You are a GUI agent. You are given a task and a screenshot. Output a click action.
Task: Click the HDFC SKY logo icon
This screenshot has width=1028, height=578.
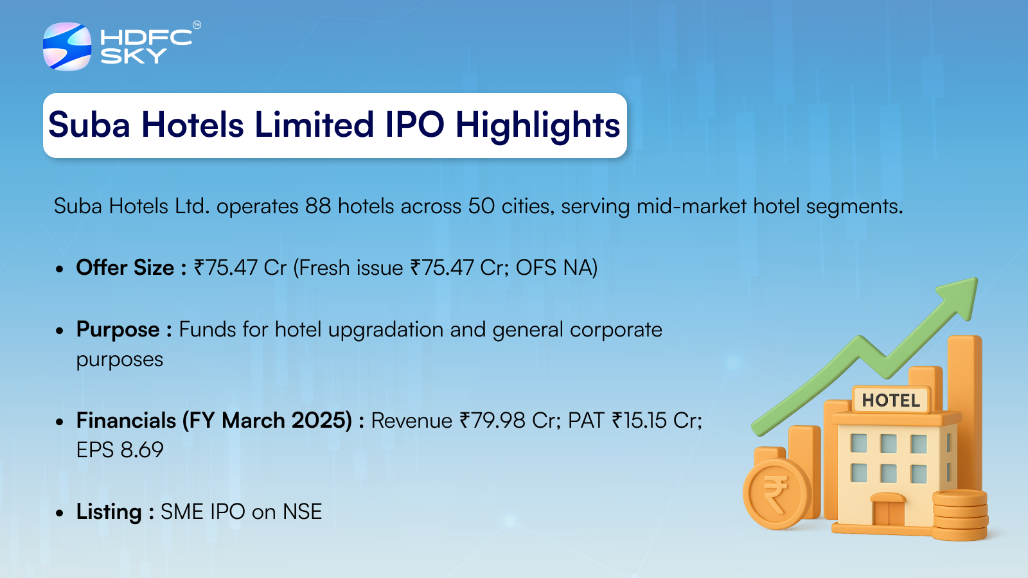[67, 46]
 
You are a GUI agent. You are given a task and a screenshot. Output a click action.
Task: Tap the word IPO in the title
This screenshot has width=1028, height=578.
[414, 125]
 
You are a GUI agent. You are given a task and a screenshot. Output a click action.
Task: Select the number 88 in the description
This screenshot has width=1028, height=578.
[318, 206]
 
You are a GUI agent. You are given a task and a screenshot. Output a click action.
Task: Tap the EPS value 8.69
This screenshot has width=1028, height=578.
[142, 450]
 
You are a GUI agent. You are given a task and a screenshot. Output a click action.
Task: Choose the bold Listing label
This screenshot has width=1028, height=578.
[109, 512]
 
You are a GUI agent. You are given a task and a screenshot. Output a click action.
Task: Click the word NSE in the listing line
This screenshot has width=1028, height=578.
[302, 512]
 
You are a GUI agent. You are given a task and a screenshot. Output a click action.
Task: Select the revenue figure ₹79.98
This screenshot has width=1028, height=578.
[492, 421]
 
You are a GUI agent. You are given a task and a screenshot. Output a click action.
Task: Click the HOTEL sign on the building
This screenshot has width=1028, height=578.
[891, 401]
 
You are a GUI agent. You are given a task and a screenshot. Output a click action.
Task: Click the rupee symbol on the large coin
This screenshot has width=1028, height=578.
[775, 495]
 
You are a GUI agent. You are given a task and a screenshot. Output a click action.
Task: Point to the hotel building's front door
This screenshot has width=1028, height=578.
[889, 510]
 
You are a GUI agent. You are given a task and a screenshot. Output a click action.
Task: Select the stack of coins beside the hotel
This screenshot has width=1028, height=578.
[960, 514]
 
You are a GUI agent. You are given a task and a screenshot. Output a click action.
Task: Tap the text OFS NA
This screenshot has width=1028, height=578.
[556, 267]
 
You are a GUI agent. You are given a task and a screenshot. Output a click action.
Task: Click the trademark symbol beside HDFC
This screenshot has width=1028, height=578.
[197, 25]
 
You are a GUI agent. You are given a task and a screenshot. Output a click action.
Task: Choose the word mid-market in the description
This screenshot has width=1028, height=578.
[691, 206]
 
